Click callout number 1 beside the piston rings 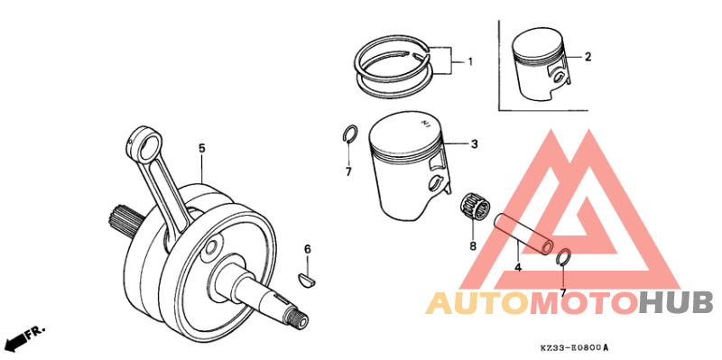469,61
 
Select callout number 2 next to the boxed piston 588,57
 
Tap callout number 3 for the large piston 473,143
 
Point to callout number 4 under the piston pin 518,267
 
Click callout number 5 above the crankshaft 202,147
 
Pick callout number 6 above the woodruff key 307,248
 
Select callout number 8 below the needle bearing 472,245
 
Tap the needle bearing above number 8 470,208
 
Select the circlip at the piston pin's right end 562,257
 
